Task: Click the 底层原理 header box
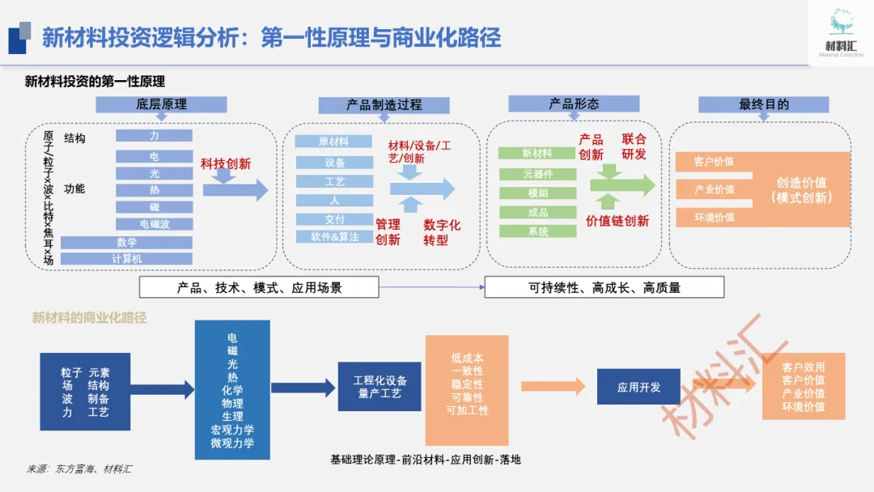pos(161,104)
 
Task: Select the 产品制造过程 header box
pos(384,105)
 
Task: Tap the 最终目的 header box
pos(763,104)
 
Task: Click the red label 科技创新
pos(226,163)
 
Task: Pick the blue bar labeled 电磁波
pos(154,224)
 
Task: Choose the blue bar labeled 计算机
pos(126,259)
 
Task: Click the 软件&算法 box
pos(334,237)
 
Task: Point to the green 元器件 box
pos(537,173)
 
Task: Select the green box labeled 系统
pos(537,231)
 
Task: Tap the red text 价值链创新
pos(617,221)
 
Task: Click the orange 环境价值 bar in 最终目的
pos(714,217)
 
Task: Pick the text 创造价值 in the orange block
pos(801,183)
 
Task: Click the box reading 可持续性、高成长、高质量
pos(604,287)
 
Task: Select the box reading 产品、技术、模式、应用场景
pos(259,287)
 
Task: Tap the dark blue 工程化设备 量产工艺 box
pos(380,387)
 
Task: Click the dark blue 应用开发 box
pos(639,387)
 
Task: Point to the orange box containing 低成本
pos(467,385)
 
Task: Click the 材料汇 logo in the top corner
pos(841,32)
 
